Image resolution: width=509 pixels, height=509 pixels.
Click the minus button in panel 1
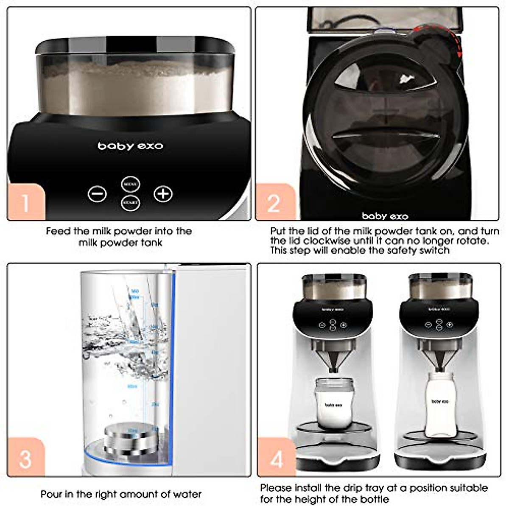97,194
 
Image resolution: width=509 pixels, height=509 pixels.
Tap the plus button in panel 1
163,194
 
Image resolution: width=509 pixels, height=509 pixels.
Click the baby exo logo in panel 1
130,146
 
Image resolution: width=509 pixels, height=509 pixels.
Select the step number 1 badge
26,202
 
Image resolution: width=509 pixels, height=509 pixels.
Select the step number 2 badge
274,203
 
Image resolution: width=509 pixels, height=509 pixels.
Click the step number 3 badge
25,458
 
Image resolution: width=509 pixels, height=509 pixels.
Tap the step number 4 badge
277,458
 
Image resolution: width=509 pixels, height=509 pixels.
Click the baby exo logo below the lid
385,216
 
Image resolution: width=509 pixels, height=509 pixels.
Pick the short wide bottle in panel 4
333,403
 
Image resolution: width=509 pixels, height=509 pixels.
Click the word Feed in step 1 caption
58,231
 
